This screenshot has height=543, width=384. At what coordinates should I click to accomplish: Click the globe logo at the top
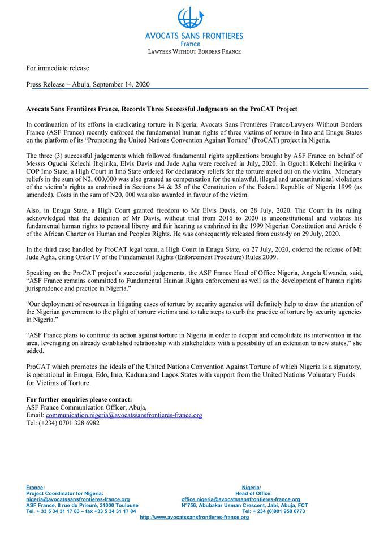point(191,18)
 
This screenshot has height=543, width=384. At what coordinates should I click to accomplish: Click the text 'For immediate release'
point(58,68)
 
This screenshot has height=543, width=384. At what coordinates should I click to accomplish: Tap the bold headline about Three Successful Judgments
point(162,108)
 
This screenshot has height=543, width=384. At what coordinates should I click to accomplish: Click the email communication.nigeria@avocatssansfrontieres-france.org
point(124,415)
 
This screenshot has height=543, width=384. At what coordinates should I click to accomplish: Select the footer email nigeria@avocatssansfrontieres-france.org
point(78,499)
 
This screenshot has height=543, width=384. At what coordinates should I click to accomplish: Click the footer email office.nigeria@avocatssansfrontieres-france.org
point(240,499)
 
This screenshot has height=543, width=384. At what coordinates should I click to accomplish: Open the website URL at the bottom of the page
point(194,517)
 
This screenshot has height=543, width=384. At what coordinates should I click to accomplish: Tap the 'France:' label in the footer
point(35,487)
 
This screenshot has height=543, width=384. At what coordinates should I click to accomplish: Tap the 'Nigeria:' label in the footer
point(251,487)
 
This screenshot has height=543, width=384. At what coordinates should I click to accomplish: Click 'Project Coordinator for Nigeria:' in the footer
point(65,493)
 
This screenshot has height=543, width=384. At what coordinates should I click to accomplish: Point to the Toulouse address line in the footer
point(82,505)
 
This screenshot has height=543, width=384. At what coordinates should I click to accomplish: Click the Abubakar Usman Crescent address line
point(244,505)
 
